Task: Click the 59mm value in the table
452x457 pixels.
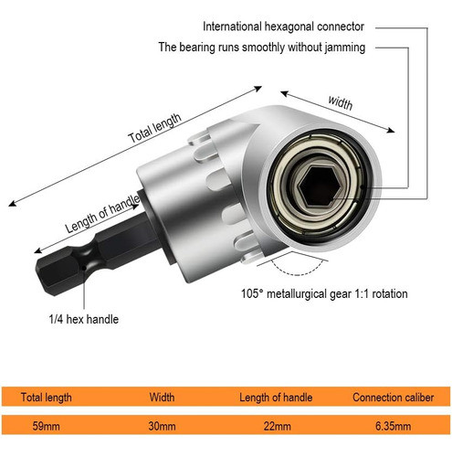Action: (46, 426)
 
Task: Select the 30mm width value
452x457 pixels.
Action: (162, 426)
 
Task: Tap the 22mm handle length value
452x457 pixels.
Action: (277, 426)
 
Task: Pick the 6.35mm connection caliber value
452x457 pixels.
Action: (393, 426)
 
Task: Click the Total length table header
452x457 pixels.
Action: (47, 398)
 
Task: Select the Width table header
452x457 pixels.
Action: (162, 398)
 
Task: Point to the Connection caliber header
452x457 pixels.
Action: (394, 398)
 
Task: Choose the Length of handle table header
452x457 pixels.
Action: (276, 398)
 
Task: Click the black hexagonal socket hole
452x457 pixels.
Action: (318, 186)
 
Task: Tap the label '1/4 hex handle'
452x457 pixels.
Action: (84, 319)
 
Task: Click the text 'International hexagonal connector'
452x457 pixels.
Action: (283, 27)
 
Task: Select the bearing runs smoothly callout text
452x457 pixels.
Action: (262, 48)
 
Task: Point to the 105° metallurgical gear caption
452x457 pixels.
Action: (324, 294)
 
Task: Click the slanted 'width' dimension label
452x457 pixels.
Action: (341, 102)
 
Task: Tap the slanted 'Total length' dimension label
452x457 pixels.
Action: (154, 128)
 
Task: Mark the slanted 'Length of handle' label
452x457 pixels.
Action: (102, 214)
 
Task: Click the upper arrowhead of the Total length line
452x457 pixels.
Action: (258, 89)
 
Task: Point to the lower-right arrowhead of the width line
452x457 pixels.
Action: (391, 131)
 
